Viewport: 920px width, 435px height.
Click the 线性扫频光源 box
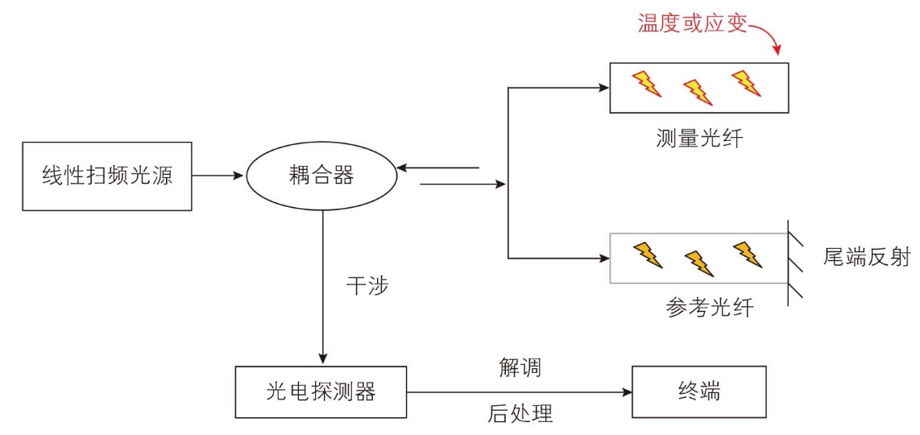(107, 176)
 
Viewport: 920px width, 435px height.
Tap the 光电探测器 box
(321, 391)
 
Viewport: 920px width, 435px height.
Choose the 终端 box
(698, 391)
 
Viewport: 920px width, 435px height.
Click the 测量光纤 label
(699, 139)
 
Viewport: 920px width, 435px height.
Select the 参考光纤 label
(710, 307)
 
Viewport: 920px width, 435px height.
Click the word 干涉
(368, 286)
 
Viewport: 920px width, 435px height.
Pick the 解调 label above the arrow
(520, 369)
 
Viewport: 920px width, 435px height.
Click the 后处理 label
(520, 414)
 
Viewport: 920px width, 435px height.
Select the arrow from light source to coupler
(218, 176)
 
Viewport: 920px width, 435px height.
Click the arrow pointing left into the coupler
(438, 168)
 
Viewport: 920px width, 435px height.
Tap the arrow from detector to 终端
(520, 392)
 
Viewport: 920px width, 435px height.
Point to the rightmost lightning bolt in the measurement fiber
(746, 83)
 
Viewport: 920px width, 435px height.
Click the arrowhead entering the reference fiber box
(605, 258)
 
